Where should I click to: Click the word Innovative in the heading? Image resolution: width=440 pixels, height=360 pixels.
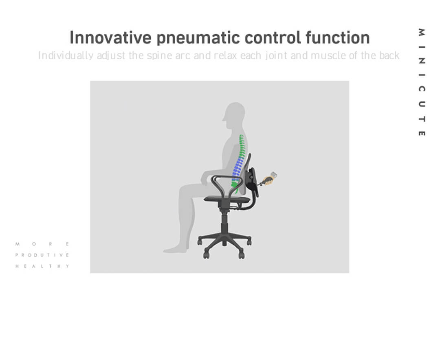point(110,37)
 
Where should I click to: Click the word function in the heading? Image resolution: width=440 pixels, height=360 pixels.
point(338,37)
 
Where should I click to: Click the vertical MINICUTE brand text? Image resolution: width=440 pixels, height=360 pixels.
point(422,82)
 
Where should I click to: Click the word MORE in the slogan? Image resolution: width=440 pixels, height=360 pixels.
point(42,244)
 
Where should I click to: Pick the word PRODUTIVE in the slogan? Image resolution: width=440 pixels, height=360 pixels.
point(42,255)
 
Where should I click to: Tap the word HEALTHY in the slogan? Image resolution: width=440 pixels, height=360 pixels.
point(42,266)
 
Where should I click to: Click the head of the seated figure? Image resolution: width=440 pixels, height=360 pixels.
point(234,113)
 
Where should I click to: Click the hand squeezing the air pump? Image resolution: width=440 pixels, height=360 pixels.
point(268,180)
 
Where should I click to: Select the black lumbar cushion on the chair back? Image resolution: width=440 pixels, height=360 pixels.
point(252,181)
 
